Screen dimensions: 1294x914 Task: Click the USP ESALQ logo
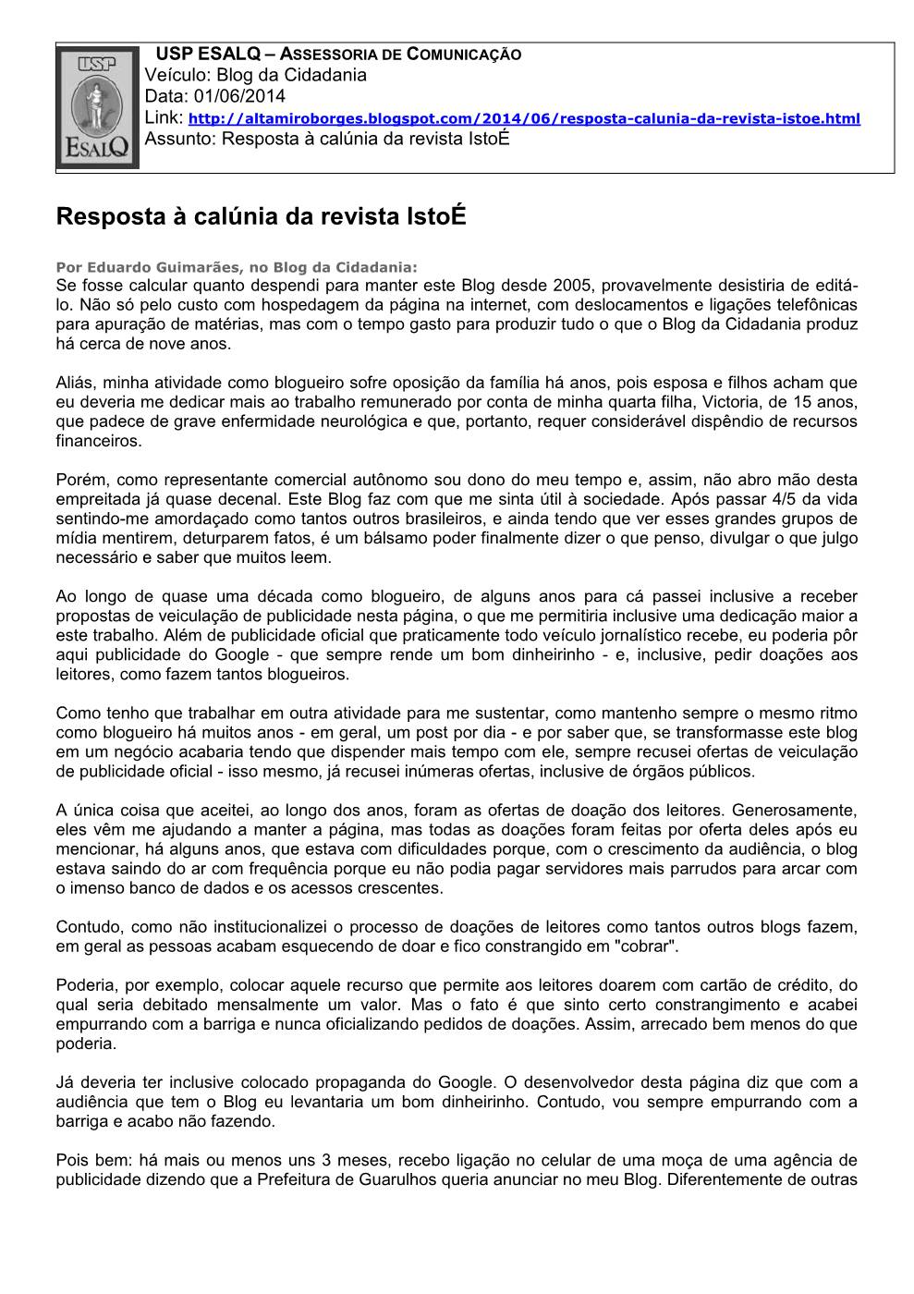coord(98,108)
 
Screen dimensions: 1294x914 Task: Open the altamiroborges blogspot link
coord(524,119)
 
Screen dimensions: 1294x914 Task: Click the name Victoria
coord(734,402)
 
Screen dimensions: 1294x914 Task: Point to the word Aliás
coord(75,383)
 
